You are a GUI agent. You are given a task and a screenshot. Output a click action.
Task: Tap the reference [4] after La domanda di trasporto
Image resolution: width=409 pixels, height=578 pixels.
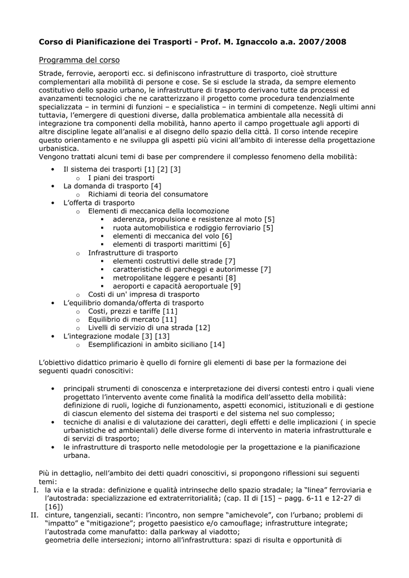(x=156, y=186)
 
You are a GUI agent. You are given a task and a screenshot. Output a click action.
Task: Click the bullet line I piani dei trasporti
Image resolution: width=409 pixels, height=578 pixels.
(x=121, y=177)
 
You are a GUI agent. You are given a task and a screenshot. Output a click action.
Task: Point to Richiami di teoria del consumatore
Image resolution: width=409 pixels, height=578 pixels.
(x=147, y=194)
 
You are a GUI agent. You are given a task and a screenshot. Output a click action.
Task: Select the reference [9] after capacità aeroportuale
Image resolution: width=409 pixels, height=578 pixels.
(x=236, y=286)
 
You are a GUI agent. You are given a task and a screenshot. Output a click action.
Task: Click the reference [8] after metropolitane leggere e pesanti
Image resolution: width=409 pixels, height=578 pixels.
(x=230, y=278)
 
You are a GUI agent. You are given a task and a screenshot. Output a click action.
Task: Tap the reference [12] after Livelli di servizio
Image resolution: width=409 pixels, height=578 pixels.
(x=202, y=328)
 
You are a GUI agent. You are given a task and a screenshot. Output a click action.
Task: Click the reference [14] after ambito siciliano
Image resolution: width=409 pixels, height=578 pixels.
(x=217, y=345)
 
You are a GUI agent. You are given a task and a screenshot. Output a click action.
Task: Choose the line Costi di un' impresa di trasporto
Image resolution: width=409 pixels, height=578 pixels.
(x=143, y=295)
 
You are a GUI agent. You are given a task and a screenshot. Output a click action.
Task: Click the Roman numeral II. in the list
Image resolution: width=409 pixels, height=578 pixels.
(x=34, y=515)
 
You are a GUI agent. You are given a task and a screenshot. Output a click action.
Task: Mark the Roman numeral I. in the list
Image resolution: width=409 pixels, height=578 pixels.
(x=36, y=489)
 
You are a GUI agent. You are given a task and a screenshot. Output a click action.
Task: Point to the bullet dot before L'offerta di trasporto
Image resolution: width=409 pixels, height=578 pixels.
(x=53, y=203)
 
